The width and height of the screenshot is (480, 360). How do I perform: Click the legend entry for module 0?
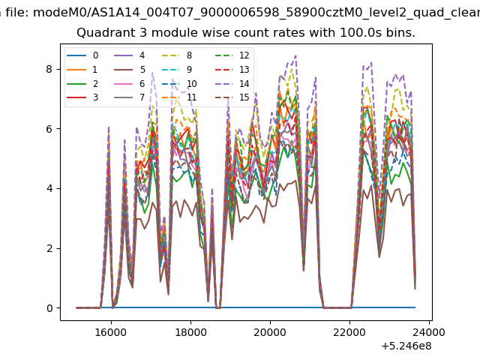pos(82,55)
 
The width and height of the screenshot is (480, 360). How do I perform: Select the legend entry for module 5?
pos(130,70)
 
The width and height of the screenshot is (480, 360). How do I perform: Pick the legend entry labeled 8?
pos(177,55)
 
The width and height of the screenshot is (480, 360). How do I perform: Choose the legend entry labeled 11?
pos(179,97)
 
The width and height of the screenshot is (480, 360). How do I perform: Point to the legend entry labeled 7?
pos(130,97)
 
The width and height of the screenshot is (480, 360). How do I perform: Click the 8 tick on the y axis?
pos(49,69)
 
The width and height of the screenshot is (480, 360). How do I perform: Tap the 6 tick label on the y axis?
pos(49,129)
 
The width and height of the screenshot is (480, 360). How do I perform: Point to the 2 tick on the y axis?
pos(49,248)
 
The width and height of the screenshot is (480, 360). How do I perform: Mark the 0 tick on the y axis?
pos(49,308)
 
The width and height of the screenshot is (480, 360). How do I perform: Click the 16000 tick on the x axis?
pos(111,332)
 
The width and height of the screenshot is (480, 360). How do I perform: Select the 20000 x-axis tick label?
pos(270,332)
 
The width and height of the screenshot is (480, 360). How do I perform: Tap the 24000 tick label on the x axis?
pos(429,332)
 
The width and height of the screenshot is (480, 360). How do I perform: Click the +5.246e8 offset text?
pos(406,346)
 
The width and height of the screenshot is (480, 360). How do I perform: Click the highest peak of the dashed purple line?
pos(295,55)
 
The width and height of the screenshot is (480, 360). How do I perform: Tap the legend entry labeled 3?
pos(82,97)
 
